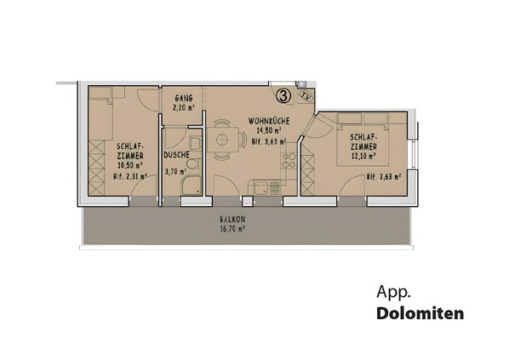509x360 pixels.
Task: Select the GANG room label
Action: [182, 98]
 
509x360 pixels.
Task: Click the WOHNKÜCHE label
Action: [269, 120]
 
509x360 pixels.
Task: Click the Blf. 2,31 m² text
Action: [129, 177]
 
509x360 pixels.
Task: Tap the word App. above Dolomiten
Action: [392, 292]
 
